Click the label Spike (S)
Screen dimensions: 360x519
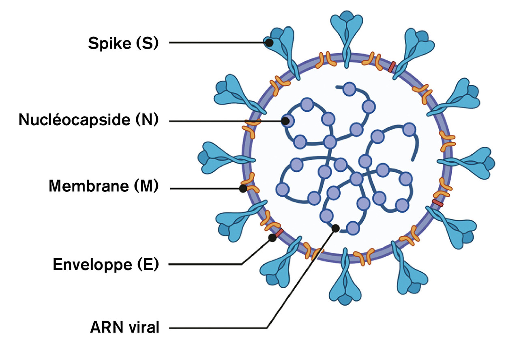pos(123,43)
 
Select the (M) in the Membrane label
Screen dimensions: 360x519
pos(145,186)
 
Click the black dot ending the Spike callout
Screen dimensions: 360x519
pos(269,42)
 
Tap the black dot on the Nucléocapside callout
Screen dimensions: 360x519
pos(286,120)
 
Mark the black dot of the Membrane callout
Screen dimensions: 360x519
pos(243,189)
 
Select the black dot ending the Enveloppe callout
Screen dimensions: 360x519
pos(272,238)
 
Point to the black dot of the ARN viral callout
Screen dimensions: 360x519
pos(335,228)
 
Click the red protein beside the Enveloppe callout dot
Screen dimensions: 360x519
pos(279,232)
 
